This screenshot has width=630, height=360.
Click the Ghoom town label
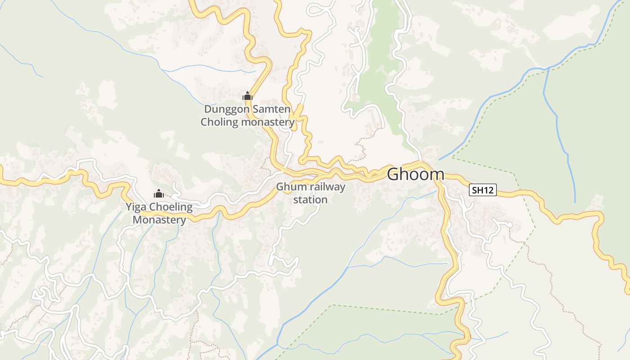[415, 174]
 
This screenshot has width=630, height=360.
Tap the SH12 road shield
[482, 190]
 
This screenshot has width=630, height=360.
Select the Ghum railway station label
[310, 193]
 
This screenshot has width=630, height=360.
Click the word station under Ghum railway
[310, 199]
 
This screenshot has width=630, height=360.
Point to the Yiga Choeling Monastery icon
[158, 193]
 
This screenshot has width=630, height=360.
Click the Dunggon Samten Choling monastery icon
[247, 96]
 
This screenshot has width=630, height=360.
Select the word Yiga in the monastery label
[136, 207]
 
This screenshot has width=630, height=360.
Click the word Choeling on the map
[171, 207]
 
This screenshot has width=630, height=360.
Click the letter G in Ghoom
[393, 174]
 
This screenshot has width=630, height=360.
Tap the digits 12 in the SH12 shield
[488, 190]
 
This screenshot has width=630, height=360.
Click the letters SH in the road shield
[477, 190]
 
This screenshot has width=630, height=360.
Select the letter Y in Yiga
[129, 207]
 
